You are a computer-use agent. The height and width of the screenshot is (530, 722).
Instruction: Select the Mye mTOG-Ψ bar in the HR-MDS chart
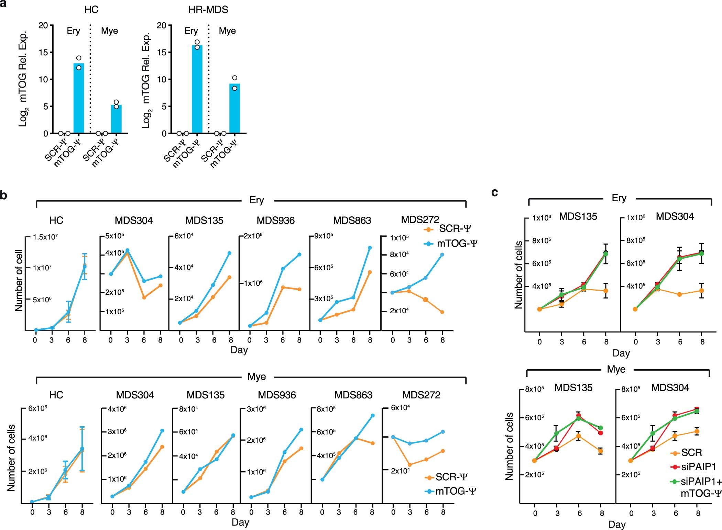point(234,108)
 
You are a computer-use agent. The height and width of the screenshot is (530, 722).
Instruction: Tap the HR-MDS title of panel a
point(208,10)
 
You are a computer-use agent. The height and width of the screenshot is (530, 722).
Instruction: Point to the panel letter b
point(4,195)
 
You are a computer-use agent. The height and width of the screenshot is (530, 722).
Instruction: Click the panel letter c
point(495,192)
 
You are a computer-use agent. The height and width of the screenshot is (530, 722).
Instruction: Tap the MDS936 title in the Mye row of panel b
point(277,395)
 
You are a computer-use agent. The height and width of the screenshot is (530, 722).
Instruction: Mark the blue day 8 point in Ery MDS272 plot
point(442,255)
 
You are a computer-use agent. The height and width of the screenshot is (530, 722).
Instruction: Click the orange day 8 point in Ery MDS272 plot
point(442,312)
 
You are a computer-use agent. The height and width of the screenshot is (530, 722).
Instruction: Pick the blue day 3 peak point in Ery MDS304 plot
point(127,250)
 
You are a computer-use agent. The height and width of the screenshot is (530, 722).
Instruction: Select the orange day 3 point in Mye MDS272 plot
point(410,464)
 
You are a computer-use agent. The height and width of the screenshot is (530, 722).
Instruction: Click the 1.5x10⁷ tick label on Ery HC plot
point(45,237)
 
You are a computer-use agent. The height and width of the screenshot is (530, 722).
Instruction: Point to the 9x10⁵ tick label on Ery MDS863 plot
point(324,236)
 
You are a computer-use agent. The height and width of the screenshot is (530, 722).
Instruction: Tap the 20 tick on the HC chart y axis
point(43,25)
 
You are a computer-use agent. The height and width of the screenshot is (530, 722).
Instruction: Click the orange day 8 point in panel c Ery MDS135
point(606,291)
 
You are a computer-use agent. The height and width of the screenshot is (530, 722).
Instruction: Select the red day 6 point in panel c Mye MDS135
point(579,416)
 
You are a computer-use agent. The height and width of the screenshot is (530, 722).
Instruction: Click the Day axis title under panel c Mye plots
point(616,525)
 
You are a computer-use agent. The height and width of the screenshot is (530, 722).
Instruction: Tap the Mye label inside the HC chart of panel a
point(109,31)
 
